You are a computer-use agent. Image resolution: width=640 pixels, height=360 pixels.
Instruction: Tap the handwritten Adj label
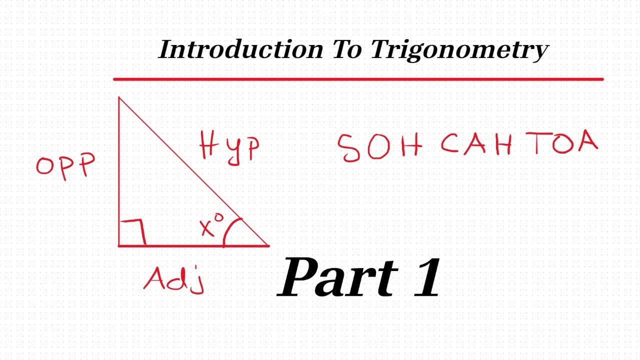tap(174, 280)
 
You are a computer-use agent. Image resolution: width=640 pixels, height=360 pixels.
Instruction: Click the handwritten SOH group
tap(380, 147)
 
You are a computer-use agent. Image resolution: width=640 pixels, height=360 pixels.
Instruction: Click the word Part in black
tap(340, 277)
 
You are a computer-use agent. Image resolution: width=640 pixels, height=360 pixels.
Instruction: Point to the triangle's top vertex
tap(119, 97)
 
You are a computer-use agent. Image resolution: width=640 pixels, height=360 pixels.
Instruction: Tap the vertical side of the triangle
tap(119, 170)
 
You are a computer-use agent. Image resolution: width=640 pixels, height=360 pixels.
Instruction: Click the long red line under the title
tap(358, 79)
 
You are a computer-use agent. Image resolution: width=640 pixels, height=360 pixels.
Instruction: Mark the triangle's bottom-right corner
tap(268, 245)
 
